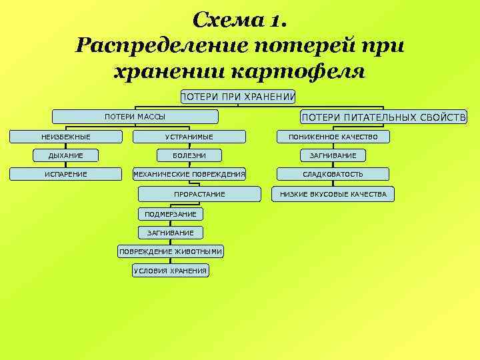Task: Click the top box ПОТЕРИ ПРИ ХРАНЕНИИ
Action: click(x=238, y=97)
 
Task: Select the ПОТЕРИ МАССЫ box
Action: click(x=135, y=117)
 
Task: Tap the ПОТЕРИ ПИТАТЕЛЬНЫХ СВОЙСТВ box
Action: click(x=384, y=117)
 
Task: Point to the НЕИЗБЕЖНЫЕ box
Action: click(x=66, y=137)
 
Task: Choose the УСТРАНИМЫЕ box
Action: click(x=189, y=137)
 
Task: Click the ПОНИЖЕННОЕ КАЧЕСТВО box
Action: click(x=333, y=137)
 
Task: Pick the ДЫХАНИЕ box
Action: click(x=66, y=155)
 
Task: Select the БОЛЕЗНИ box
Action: click(x=189, y=155)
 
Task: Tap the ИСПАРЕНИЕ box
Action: click(x=66, y=174)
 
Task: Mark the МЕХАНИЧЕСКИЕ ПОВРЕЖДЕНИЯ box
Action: click(x=189, y=174)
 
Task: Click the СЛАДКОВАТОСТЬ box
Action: click(x=333, y=174)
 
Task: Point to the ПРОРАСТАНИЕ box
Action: click(x=199, y=194)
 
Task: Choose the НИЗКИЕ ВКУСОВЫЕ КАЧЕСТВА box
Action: click(x=333, y=194)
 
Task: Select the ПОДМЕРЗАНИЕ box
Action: click(x=171, y=214)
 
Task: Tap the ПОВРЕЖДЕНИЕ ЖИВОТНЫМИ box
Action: click(x=171, y=251)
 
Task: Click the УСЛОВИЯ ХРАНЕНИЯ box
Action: click(x=171, y=271)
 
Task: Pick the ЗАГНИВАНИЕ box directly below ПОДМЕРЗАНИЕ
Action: click(x=171, y=233)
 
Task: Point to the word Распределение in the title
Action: click(x=161, y=45)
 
